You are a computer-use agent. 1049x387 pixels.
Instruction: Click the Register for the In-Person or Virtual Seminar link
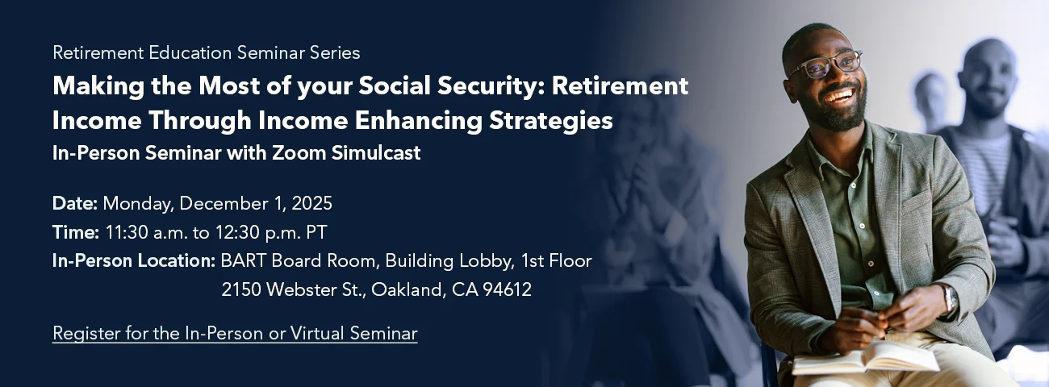point(235,333)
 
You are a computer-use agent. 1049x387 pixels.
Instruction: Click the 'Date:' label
point(75,203)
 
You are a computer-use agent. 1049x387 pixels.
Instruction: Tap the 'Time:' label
point(76,232)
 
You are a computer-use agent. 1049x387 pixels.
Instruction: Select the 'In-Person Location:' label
point(133,261)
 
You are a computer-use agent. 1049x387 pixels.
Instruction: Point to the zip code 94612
point(506,290)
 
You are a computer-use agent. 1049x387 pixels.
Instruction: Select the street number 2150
point(241,290)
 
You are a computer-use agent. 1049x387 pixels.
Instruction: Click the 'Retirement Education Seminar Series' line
point(206,53)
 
